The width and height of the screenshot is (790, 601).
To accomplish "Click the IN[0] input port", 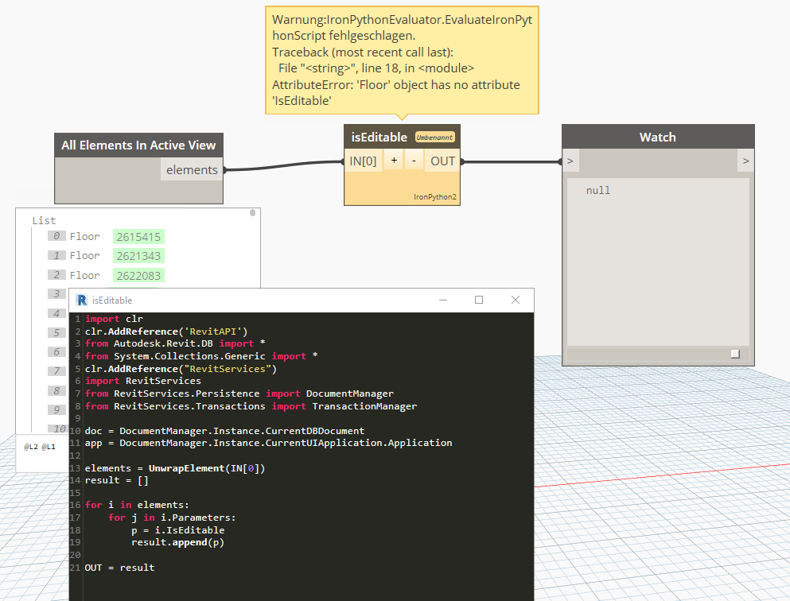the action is pos(363,161).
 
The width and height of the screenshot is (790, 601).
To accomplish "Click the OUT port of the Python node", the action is pos(442,161).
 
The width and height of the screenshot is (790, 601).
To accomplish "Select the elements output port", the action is pos(192,169).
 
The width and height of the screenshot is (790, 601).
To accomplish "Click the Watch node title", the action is pos(657,137).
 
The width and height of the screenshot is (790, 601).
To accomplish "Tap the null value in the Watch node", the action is pos(598,190).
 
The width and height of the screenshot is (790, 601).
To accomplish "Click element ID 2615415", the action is pos(138,237).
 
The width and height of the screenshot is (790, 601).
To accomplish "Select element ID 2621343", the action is pos(138,256).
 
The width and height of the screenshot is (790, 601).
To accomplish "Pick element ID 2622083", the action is pos(138,275).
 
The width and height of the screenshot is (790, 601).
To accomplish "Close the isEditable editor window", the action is pos(516,300).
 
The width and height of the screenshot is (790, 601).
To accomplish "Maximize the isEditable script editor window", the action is pos(479,300).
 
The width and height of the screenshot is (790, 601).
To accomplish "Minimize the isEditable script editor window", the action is pos(443,300).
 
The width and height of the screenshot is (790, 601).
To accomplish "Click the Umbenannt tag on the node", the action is pos(435,138).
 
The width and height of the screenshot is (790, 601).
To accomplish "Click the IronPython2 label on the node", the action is pos(435,197).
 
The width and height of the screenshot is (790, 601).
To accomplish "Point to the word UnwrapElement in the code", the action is pos(186,468).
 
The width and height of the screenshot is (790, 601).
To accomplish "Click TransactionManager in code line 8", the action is pos(364,406).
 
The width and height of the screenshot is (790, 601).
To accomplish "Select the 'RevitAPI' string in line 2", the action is pos(213,332).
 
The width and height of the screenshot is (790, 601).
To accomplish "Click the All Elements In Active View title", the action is pos(138,145).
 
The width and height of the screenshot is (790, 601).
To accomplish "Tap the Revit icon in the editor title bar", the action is pos(82,300).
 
